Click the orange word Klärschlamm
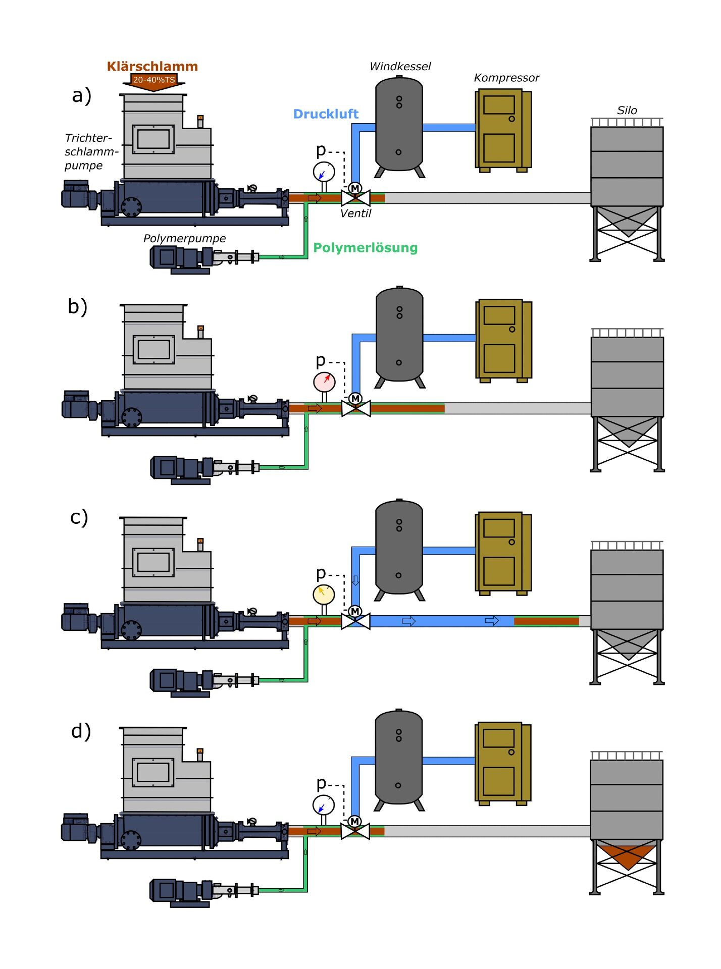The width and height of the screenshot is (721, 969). [152, 67]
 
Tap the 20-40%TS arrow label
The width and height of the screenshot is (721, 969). [153, 80]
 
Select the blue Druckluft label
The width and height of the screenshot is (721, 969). [326, 114]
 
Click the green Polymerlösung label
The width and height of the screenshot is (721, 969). [365, 248]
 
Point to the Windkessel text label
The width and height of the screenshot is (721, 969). [400, 67]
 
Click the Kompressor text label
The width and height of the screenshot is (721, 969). [506, 78]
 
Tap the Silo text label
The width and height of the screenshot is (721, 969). [627, 111]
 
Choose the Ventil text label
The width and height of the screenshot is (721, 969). [355, 213]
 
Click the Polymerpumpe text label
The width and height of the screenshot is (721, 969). [184, 239]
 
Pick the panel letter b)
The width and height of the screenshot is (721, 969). [78, 307]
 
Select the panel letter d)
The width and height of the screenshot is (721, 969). [81, 731]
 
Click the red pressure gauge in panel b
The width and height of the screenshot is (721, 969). [324, 382]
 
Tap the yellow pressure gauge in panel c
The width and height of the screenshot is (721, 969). [324, 594]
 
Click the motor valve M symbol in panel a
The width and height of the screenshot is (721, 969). [355, 188]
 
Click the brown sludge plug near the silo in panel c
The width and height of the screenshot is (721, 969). [546, 621]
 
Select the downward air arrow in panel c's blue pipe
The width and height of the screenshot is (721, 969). [355, 580]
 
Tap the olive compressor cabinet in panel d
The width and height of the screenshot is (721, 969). [502, 762]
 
